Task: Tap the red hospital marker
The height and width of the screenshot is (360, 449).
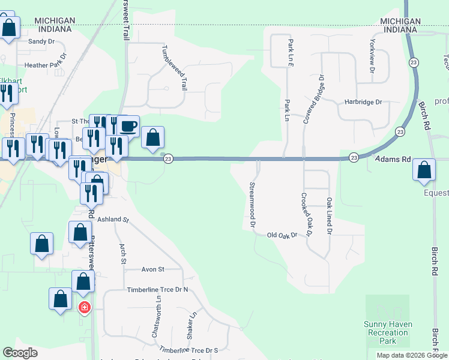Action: (85, 307)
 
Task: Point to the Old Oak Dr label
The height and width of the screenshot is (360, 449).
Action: (282, 235)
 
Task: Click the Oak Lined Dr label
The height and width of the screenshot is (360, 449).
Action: (330, 215)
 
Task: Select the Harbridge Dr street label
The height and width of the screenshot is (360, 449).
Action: (363, 102)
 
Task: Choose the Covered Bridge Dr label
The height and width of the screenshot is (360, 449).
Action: (313, 100)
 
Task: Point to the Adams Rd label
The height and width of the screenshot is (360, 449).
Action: (393, 160)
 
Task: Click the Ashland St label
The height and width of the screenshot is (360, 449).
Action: (113, 220)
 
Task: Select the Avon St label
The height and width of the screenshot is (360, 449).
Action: (152, 269)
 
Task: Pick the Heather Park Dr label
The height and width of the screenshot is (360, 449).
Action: (45, 64)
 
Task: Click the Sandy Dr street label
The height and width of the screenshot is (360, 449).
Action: (41, 41)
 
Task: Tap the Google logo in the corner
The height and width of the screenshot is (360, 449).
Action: (20, 353)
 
